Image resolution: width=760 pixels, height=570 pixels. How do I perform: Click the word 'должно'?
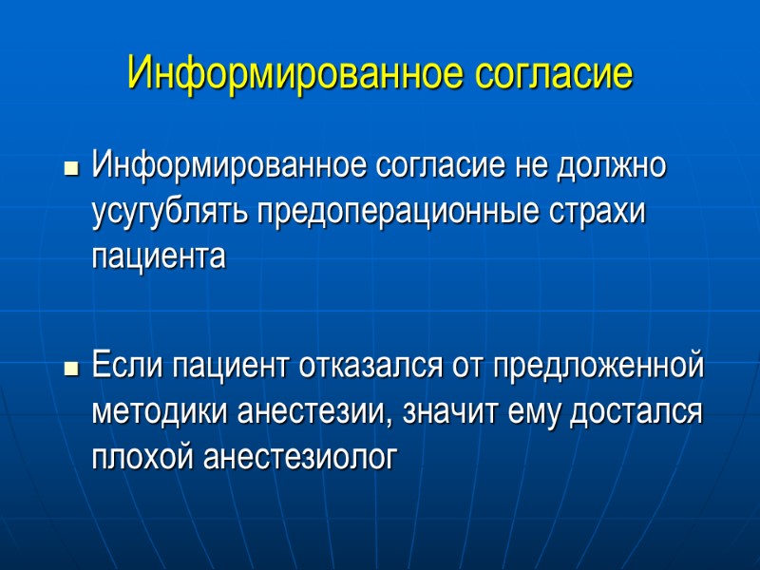(x=617, y=166)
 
